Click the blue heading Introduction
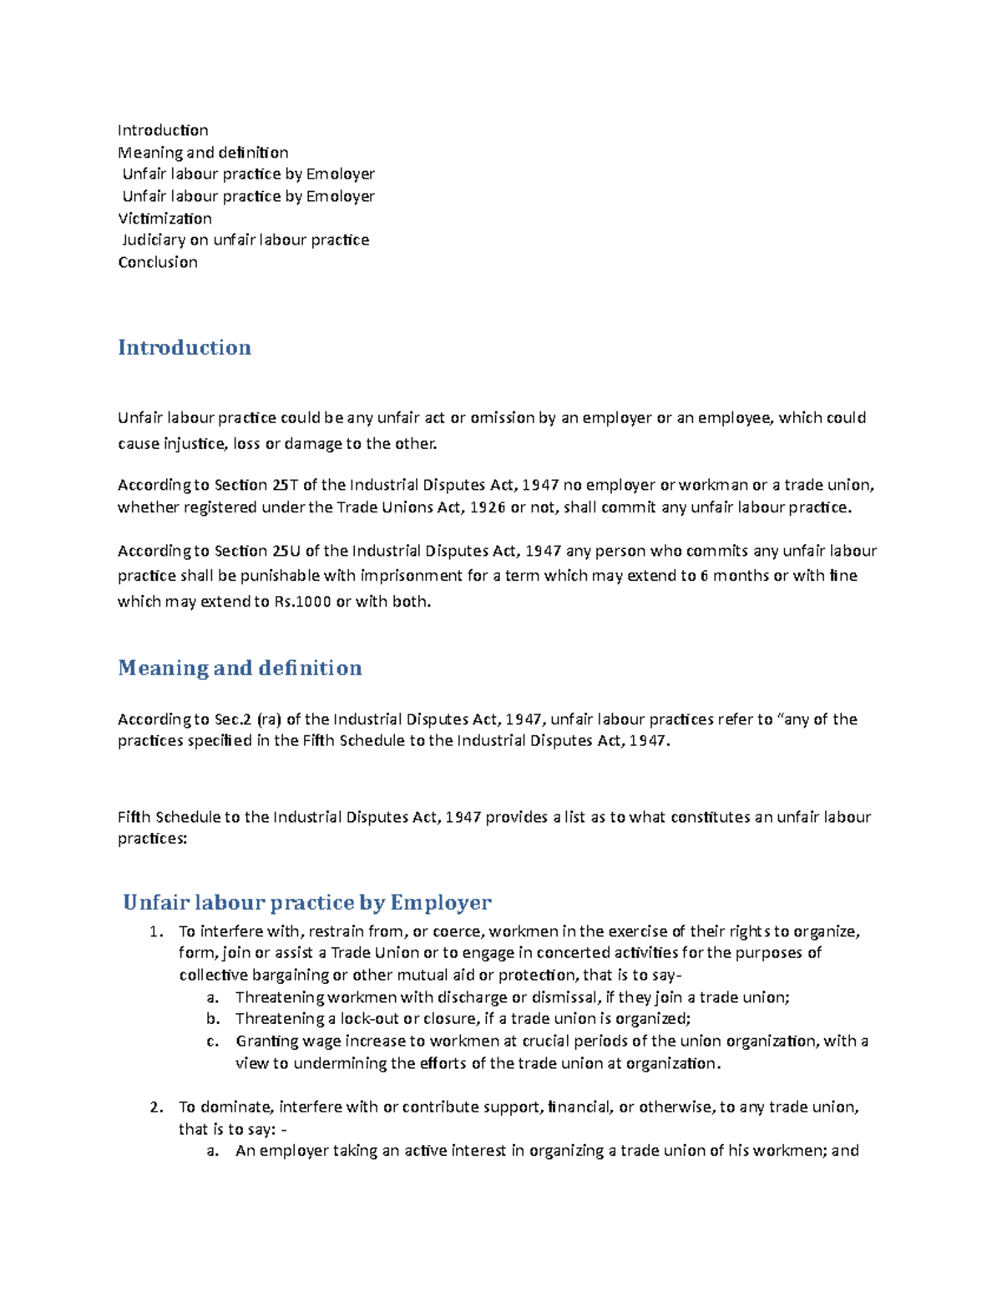(184, 347)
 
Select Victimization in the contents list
(164, 219)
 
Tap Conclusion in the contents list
(158, 262)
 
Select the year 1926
(488, 507)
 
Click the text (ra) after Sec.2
(269, 719)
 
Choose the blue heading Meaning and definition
(240, 668)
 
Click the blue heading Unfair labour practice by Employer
(306, 902)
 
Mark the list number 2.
(156, 1107)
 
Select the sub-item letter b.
(213, 1019)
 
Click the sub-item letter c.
(213, 1041)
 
